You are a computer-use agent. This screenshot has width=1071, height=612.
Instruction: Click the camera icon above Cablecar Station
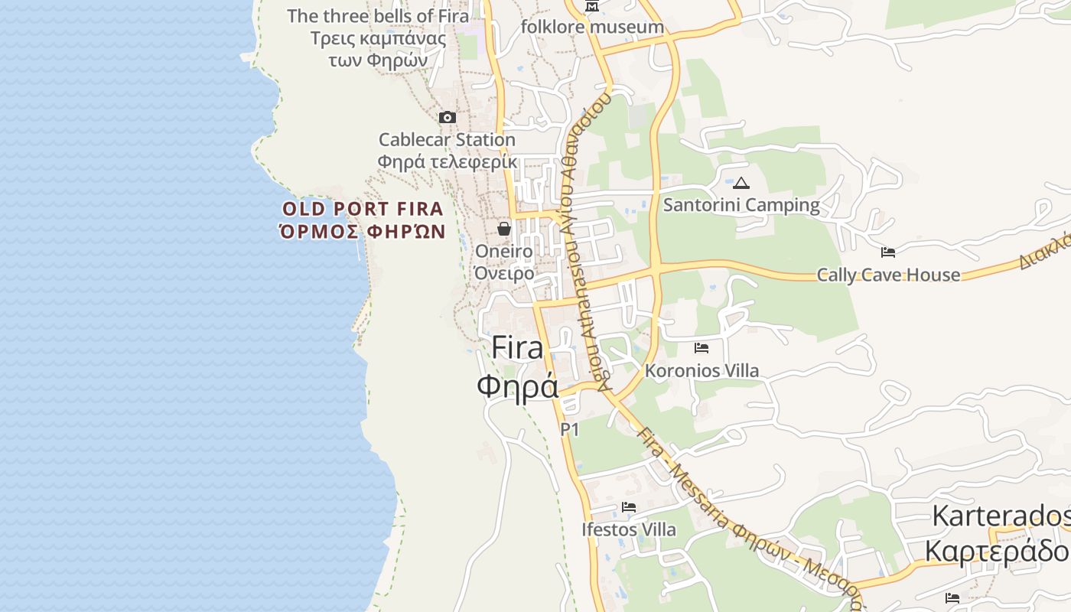[x=448, y=118]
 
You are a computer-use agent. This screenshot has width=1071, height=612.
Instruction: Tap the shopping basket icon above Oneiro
[x=504, y=229]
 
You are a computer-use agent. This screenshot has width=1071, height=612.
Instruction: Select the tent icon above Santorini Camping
[x=741, y=184]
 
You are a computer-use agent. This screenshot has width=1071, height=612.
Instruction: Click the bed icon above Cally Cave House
[x=888, y=252]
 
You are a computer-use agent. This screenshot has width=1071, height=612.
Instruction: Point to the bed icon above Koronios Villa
[x=702, y=348]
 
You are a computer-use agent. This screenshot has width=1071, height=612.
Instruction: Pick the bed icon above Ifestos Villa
[x=629, y=507]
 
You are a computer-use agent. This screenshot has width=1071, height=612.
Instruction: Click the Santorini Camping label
[x=741, y=205]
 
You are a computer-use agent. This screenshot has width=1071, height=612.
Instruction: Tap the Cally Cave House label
[x=888, y=275]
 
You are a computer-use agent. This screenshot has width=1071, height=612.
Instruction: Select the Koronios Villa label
[x=702, y=371]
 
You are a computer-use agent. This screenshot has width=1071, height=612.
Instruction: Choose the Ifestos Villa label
[x=629, y=529]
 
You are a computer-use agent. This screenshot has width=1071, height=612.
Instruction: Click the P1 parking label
[x=570, y=430]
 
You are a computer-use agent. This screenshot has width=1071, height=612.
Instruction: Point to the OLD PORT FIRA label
[x=363, y=209]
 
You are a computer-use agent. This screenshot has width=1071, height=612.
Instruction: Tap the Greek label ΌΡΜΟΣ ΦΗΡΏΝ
[x=363, y=231]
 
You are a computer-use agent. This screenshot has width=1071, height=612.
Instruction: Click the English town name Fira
[x=517, y=348]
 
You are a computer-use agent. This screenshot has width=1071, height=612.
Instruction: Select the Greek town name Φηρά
[x=517, y=386]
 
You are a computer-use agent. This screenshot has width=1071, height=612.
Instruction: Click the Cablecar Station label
[x=447, y=140]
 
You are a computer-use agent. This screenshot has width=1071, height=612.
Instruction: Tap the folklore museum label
[x=592, y=27]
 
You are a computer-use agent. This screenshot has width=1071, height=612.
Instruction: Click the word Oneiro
[x=504, y=251]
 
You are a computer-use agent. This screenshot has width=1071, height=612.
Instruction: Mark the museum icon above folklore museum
[x=592, y=7]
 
